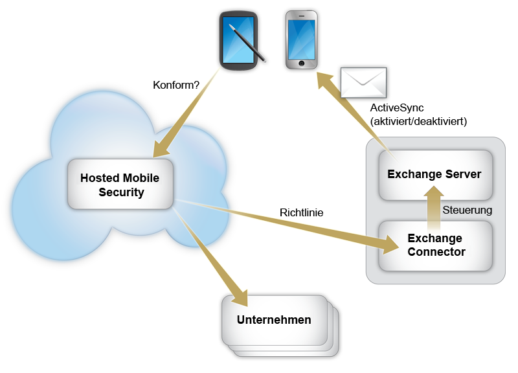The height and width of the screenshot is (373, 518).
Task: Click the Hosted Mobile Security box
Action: pos(120,185)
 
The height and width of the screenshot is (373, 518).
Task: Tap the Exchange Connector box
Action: pos(436,245)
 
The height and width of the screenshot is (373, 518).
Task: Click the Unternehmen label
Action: pos(274,320)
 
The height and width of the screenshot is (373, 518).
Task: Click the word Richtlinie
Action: pos(301,212)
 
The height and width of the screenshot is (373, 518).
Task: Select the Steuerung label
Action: pos(467,210)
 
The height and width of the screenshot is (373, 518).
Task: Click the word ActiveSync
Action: pos(397,107)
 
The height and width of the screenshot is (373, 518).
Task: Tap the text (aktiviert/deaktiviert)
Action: pos(418,121)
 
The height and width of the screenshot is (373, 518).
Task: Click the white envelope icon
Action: pos(364,82)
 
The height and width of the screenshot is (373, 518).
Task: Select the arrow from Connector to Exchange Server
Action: pos(434,204)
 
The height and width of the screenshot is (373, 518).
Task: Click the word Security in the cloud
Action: pos(121,192)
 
